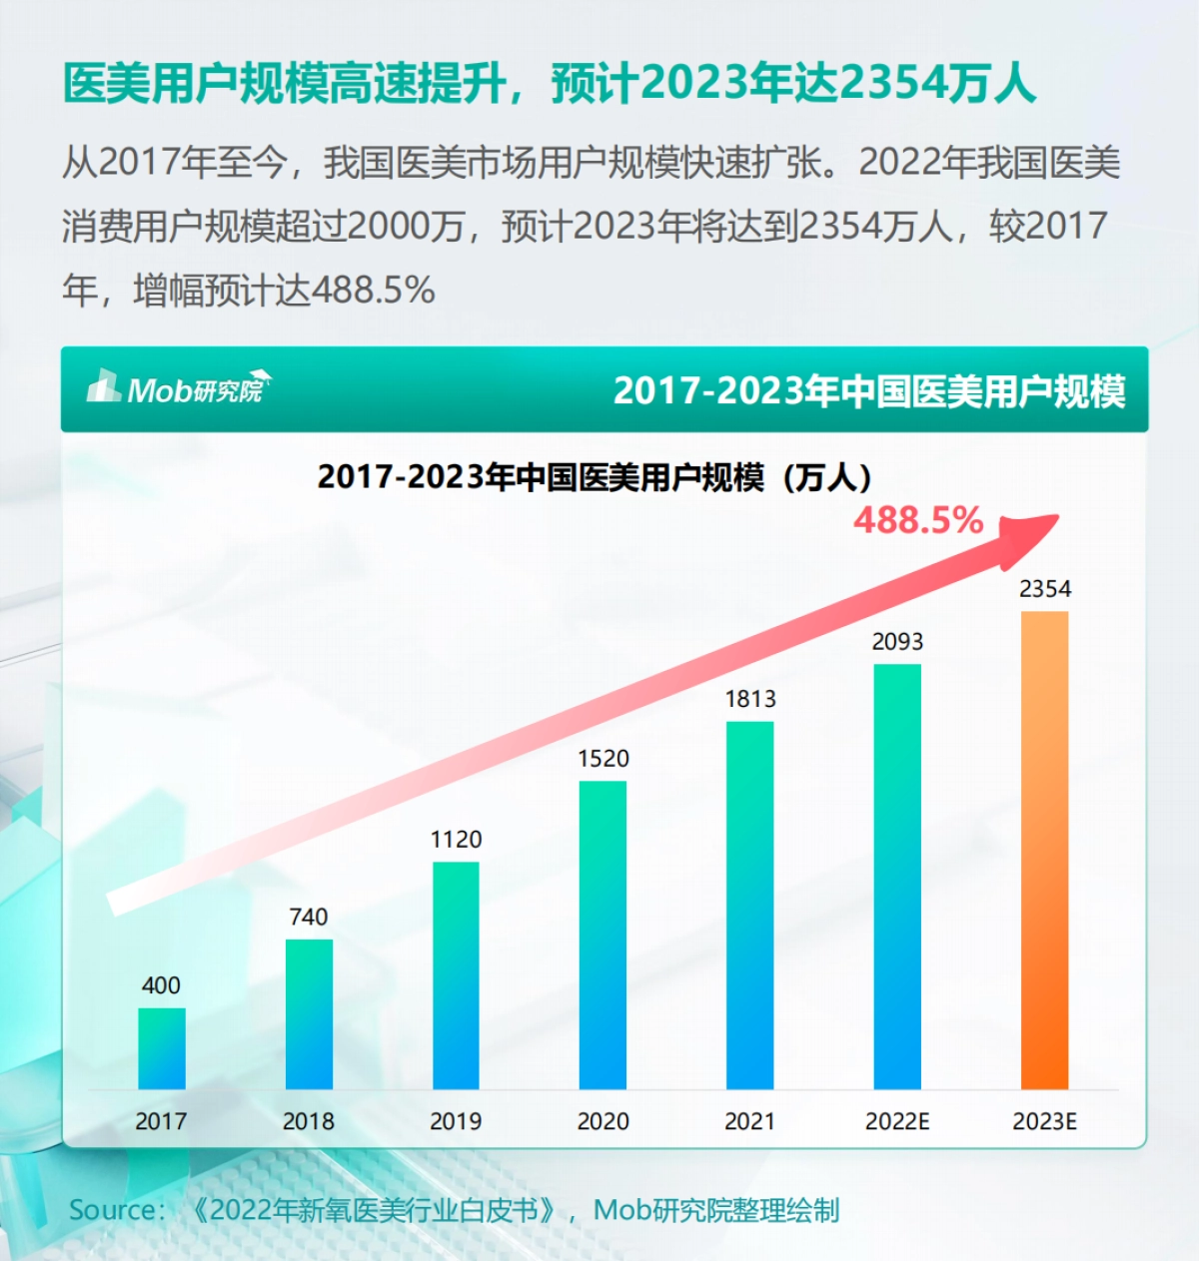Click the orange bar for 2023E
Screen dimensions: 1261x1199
(x=1044, y=849)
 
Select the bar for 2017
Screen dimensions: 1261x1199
(x=161, y=1048)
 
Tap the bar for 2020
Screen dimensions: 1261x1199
(x=602, y=935)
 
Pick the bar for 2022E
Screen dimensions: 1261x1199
(x=897, y=876)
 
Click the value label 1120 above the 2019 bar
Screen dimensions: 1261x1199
(x=456, y=840)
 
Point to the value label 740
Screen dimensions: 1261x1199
(x=308, y=917)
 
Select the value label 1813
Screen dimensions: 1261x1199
(x=750, y=699)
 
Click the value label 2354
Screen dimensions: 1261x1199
(x=1045, y=589)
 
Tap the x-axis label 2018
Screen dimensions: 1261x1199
(x=308, y=1121)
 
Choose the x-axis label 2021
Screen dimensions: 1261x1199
(x=749, y=1121)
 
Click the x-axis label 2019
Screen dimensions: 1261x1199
(x=456, y=1121)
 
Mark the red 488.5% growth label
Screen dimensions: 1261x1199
(x=918, y=520)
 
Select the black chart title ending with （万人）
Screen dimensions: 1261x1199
(x=596, y=477)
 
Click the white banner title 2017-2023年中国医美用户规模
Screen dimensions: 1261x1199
(x=869, y=390)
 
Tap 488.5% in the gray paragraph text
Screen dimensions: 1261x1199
(x=373, y=291)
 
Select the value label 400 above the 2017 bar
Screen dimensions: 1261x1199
(x=161, y=985)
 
